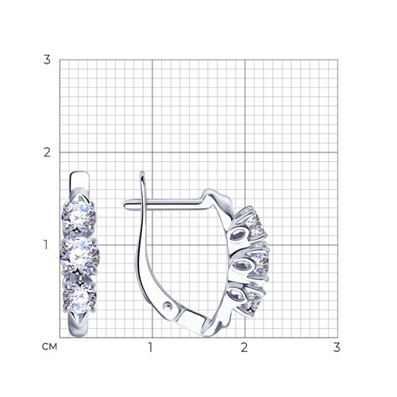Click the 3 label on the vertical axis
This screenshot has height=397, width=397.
(x=47, y=60)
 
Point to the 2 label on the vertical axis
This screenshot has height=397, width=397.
(x=47, y=152)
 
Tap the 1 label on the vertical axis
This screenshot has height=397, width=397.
(x=46, y=245)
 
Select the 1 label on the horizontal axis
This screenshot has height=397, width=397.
(x=150, y=347)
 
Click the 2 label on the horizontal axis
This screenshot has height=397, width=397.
(x=244, y=347)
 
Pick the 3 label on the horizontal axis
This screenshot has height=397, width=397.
(x=337, y=347)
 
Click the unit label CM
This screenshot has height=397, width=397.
(x=49, y=347)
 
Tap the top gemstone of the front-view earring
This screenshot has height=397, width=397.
(x=79, y=217)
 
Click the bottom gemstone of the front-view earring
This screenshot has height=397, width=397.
(x=79, y=297)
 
